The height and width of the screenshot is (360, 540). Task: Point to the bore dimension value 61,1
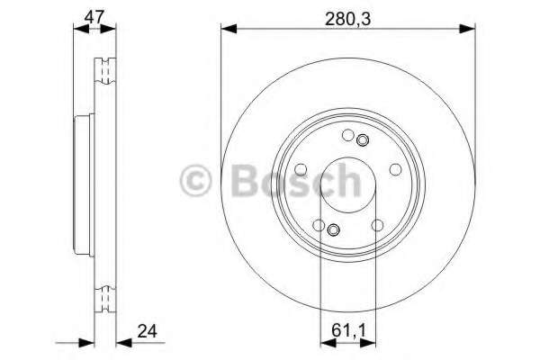point(346,329)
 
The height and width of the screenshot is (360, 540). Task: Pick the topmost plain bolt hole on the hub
point(348,136)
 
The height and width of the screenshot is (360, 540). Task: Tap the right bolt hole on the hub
point(393,168)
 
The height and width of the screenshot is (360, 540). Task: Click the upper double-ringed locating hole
point(363,140)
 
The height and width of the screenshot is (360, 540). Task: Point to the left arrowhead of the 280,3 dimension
point(227,30)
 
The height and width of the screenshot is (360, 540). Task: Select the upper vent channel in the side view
point(104,67)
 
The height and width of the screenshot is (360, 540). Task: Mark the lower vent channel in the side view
point(104,294)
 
